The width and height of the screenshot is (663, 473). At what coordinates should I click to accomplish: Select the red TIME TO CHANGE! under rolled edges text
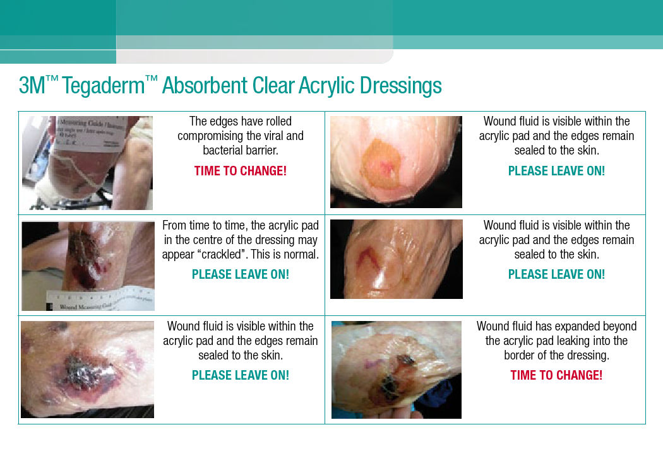click(x=241, y=171)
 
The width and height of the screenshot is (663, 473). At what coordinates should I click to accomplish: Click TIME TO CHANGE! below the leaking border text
click(x=556, y=375)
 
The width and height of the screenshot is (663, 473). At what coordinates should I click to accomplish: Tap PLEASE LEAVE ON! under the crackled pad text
click(x=241, y=274)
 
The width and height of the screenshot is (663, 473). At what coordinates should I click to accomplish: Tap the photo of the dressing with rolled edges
click(x=87, y=163)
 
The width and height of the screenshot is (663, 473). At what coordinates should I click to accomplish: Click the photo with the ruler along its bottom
click(x=88, y=266)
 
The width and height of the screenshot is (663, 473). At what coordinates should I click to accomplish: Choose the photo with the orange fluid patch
click(x=396, y=161)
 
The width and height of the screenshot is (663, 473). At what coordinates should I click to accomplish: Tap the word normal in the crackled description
click(x=301, y=255)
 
